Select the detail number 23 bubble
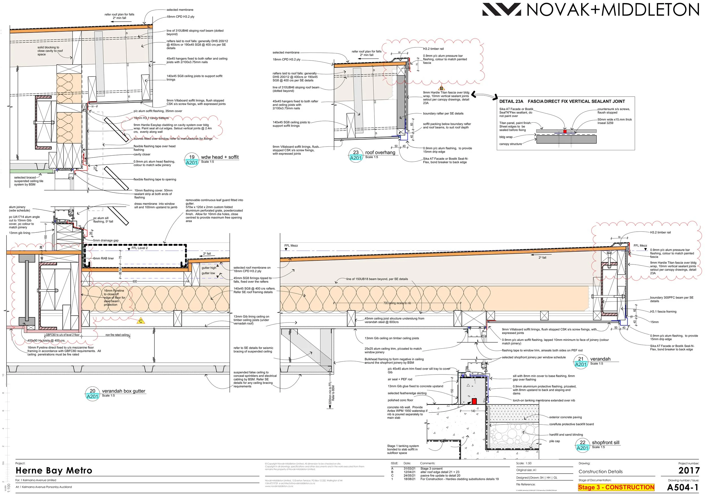point(356,155)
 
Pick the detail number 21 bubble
point(581,362)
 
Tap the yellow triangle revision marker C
point(141,321)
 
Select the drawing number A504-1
point(683,487)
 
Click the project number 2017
point(689,470)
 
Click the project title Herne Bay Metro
point(54,471)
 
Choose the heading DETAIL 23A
point(511,101)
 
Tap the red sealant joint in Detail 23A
point(565,131)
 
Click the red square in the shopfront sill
point(474,401)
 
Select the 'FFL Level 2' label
point(139,248)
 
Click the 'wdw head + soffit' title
point(219,157)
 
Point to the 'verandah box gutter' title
point(124,391)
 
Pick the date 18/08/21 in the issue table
point(409,479)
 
